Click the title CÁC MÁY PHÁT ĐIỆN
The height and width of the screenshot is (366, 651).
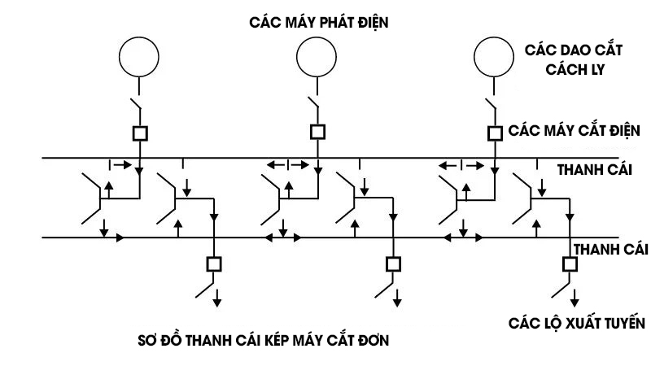coord(318,23)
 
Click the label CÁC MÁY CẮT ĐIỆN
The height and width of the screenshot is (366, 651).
coord(575,130)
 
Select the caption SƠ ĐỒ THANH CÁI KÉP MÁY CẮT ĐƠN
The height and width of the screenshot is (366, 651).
coord(263,340)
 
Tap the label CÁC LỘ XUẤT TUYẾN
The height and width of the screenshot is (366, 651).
coord(577,323)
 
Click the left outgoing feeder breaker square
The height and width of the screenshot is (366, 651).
coord(214,264)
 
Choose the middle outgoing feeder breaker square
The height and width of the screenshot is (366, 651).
coord(393,264)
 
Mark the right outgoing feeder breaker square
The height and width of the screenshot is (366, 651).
coord(570,264)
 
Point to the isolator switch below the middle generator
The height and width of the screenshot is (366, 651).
coord(312,109)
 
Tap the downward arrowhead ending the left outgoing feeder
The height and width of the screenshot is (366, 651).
coord(218,303)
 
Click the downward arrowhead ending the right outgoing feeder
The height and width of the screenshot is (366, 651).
coord(574,303)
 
